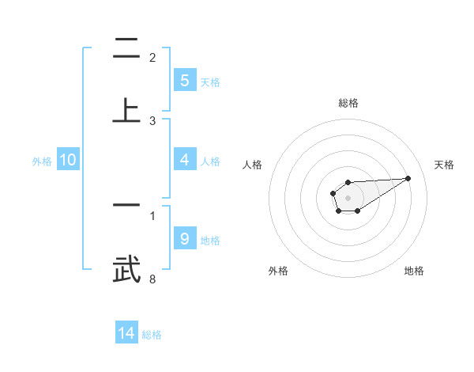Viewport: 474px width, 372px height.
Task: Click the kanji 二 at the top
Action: point(126,49)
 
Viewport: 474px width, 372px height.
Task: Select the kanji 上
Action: point(126,110)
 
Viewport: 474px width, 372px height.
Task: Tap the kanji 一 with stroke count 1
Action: point(126,205)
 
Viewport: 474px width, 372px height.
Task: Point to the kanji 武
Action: point(126,269)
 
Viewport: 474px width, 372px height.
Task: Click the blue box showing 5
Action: point(184,80)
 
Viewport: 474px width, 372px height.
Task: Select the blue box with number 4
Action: point(184,160)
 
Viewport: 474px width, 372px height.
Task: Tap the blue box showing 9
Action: point(184,238)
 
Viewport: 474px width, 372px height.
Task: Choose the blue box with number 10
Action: point(68,160)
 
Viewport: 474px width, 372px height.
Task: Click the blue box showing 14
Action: point(126,333)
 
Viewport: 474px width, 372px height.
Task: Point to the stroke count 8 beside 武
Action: point(152,279)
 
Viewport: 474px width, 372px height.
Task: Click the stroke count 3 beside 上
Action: point(152,120)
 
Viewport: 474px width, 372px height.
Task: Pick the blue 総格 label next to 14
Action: point(152,335)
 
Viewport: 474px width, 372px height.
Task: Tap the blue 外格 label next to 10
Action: point(42,161)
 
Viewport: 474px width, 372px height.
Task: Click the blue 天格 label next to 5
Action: point(210,82)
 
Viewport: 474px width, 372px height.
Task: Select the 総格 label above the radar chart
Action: point(348,103)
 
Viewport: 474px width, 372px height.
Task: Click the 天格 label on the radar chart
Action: point(444,165)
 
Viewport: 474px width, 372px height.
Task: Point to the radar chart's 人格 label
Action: point(253,165)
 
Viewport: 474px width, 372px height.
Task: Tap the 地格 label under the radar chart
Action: point(414,271)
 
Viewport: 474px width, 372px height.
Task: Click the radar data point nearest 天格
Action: point(408,177)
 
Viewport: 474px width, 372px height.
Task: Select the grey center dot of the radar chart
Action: point(348,196)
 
